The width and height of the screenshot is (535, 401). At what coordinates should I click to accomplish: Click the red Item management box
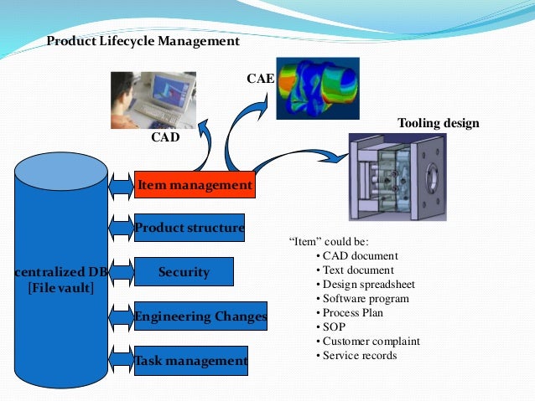[194, 184]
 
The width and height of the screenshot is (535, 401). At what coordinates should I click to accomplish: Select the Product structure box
[190, 227]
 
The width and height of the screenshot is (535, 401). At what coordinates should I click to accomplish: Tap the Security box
[184, 272]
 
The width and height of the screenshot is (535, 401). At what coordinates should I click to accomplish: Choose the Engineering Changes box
[200, 316]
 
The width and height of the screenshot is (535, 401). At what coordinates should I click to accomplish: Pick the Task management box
[191, 361]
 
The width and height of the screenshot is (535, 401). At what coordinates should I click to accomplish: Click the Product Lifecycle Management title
[143, 41]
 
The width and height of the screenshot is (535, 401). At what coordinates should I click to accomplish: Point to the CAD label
[165, 136]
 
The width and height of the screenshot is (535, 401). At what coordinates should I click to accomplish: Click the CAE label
[260, 79]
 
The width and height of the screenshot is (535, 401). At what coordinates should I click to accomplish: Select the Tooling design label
[438, 123]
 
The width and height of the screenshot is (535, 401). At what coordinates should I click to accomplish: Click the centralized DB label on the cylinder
[62, 272]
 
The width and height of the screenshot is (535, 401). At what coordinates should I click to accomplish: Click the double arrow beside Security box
[122, 272]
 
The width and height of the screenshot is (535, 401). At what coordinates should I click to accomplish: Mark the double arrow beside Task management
[122, 361]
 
